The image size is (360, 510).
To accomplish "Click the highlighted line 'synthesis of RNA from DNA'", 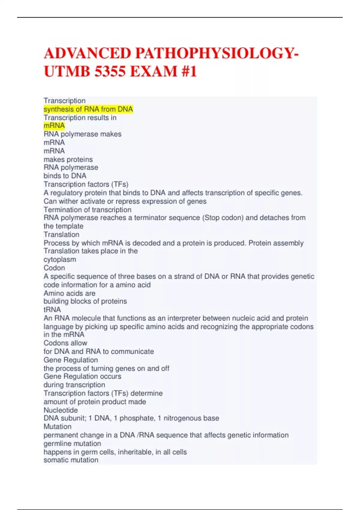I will [x=88, y=109].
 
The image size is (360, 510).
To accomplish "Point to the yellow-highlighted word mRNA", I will [x=54, y=126].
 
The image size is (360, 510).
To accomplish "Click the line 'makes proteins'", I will [x=68, y=159].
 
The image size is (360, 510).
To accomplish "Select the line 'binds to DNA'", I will [x=65, y=176].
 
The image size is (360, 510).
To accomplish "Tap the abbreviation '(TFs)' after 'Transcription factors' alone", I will [x=120, y=184].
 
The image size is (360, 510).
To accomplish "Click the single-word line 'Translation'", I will [x=61, y=234].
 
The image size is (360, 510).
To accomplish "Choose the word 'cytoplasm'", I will [x=60, y=259].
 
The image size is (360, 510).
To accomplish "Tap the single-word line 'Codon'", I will [x=54, y=268].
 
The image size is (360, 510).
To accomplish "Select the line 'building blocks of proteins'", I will [x=85, y=301].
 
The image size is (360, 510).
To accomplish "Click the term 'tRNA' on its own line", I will [x=52, y=310].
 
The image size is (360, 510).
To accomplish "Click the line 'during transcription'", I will [x=74, y=385].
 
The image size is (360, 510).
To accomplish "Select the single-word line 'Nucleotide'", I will [x=61, y=410].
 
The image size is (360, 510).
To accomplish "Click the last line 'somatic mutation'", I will [x=71, y=460].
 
